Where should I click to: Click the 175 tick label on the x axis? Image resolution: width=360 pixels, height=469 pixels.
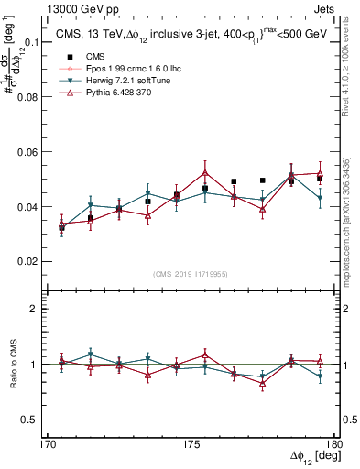[x=191, y=443]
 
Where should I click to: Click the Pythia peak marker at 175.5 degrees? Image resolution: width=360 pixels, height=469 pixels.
[x=205, y=172]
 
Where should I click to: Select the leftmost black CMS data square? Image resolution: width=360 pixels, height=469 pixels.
[x=61, y=227]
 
